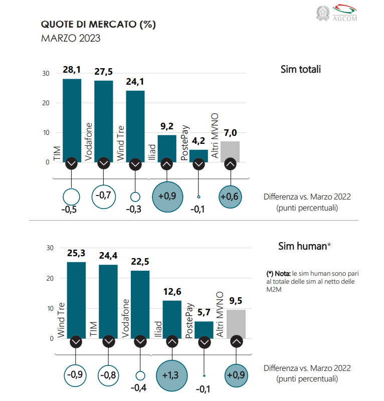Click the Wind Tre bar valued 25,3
point(76,298)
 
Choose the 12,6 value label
point(172,291)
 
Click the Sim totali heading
point(300,69)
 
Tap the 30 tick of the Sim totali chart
point(46,73)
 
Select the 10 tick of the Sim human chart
point(50,308)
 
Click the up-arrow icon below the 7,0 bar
point(230,163)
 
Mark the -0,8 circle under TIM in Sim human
point(108,374)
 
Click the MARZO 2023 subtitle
point(71,39)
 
